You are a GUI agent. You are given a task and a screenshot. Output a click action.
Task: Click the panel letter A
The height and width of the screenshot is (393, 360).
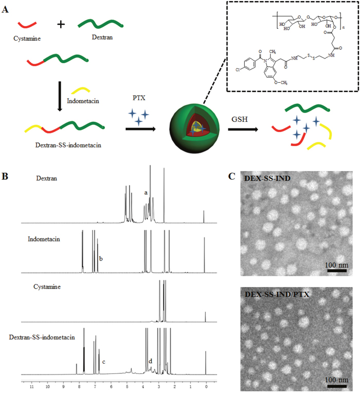[6, 8]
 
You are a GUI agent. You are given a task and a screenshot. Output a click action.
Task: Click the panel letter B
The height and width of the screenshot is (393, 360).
[5, 176]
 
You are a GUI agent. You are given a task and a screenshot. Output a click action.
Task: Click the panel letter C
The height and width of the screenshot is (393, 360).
[232, 176]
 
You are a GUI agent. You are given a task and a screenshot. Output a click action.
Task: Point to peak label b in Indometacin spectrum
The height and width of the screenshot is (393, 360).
[101, 258]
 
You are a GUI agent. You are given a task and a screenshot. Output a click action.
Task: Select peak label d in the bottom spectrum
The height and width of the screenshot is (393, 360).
[150, 361]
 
